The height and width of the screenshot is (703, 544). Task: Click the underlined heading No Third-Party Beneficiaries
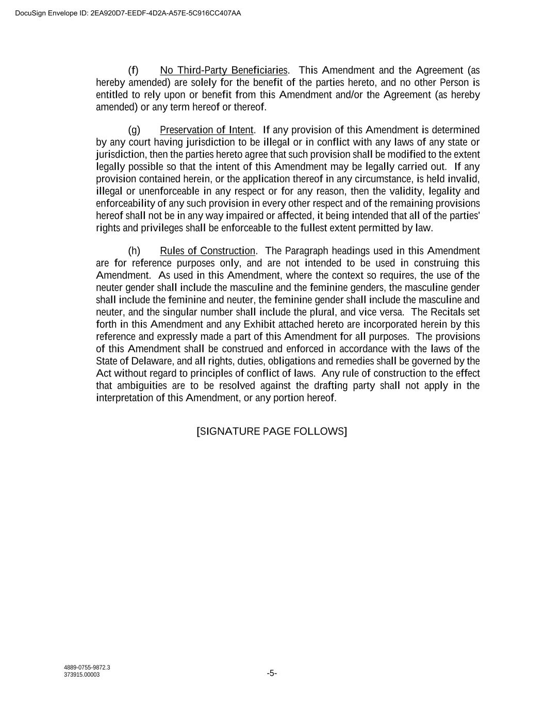pos(224,70)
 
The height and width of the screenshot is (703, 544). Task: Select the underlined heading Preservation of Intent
pos(207,130)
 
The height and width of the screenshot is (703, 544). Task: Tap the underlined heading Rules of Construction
pos(208,251)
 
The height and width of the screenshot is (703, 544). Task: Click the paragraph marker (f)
pos(133,70)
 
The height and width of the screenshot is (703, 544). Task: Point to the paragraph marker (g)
pos(134,130)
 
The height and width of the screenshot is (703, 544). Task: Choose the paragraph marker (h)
pos(134,251)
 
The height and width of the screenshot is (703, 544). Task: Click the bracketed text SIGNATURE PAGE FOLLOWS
pos(272,431)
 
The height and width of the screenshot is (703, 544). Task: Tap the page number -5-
pos(272,673)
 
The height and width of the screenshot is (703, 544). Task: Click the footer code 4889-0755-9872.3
pos(87,668)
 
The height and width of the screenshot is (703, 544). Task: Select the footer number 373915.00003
pos(82,675)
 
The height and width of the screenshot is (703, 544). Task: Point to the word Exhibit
pos(260,324)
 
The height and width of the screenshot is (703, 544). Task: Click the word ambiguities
pos(142,386)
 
